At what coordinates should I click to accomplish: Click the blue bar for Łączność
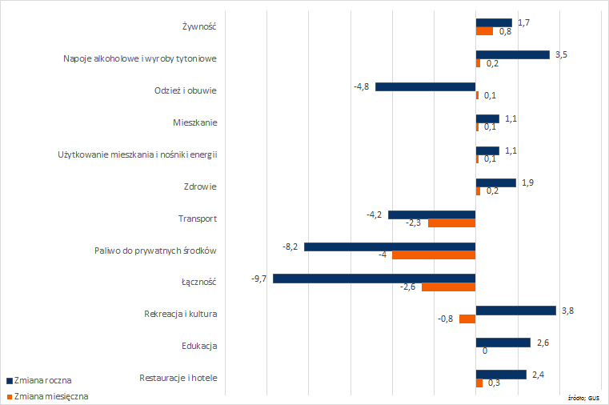tap(375, 279)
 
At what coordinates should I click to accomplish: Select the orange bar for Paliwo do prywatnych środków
tap(434, 255)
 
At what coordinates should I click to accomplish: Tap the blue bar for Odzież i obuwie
tap(426, 86)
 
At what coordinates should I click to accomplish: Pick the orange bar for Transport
tap(452, 223)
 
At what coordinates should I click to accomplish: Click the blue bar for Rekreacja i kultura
tap(516, 311)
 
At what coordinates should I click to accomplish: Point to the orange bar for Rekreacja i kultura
tap(467, 319)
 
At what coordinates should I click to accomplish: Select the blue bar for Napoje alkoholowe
tap(513, 54)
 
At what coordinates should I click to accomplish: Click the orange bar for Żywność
tap(484, 31)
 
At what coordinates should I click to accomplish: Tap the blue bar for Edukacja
tap(503, 343)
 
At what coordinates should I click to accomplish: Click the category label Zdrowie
tap(200, 186)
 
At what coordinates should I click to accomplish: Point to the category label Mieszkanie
tap(194, 122)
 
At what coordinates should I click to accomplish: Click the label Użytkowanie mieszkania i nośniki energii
tap(138, 154)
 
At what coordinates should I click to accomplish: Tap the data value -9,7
tap(258, 279)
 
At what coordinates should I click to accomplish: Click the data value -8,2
tap(290, 247)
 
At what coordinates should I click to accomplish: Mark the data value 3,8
tap(568, 310)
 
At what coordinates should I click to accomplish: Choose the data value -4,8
tap(361, 86)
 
